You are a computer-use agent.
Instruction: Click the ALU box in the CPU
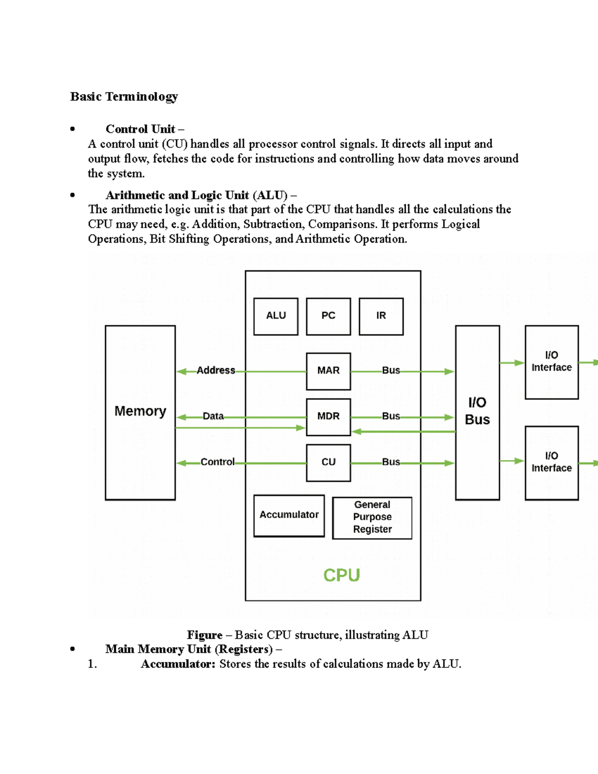(x=276, y=316)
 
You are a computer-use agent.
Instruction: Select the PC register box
(x=328, y=316)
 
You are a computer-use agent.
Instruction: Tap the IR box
(x=381, y=316)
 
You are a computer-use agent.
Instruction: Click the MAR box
(x=328, y=371)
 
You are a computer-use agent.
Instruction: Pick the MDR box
(x=328, y=417)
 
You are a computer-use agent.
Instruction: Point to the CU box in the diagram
(x=328, y=463)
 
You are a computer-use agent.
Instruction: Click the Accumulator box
(x=289, y=515)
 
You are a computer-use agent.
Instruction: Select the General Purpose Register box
(x=372, y=517)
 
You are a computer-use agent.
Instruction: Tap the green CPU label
(x=341, y=575)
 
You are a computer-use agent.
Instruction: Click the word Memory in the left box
(x=140, y=411)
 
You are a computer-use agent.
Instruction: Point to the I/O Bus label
(x=477, y=411)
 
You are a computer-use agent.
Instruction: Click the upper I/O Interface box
(x=551, y=362)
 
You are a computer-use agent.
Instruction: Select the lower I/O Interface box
(x=551, y=463)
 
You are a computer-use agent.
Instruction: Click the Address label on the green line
(x=216, y=370)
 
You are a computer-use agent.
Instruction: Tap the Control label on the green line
(x=217, y=462)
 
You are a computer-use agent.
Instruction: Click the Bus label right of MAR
(x=391, y=370)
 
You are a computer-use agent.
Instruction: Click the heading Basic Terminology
(x=124, y=97)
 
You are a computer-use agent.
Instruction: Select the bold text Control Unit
(x=140, y=130)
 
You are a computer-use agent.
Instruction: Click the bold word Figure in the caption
(x=204, y=635)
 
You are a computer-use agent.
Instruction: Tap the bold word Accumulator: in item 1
(x=178, y=664)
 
